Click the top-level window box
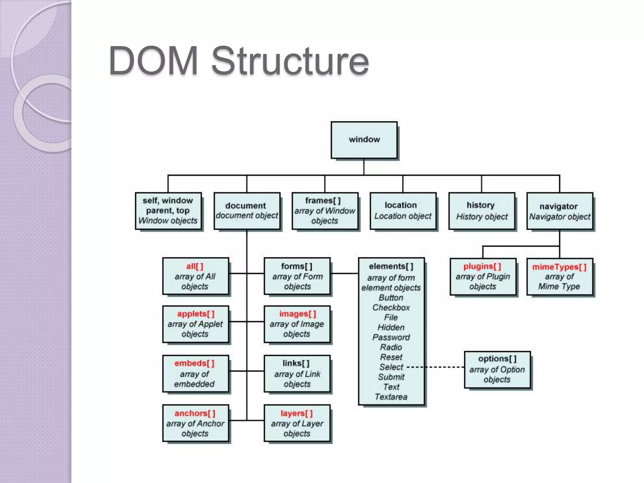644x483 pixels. tap(364, 140)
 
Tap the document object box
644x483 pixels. tap(247, 211)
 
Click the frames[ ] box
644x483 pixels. tap(325, 211)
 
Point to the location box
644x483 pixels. tap(403, 211)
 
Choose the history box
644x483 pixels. tap(481, 211)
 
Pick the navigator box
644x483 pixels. tap(559, 211)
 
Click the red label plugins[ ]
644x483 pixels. tap(482, 267)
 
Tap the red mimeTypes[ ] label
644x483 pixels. tap(559, 267)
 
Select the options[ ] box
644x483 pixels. tap(497, 369)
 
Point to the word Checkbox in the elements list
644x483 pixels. tap(391, 308)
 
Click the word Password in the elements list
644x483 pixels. tap(391, 337)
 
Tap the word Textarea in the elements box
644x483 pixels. tap(391, 397)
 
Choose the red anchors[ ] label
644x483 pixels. tap(195, 413)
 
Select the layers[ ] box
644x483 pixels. tap(297, 423)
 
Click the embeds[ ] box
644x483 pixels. tap(195, 374)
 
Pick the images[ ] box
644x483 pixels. tap(297, 324)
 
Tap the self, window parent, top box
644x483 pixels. tap(168, 211)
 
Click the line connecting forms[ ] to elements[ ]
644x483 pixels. tap(344, 274)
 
